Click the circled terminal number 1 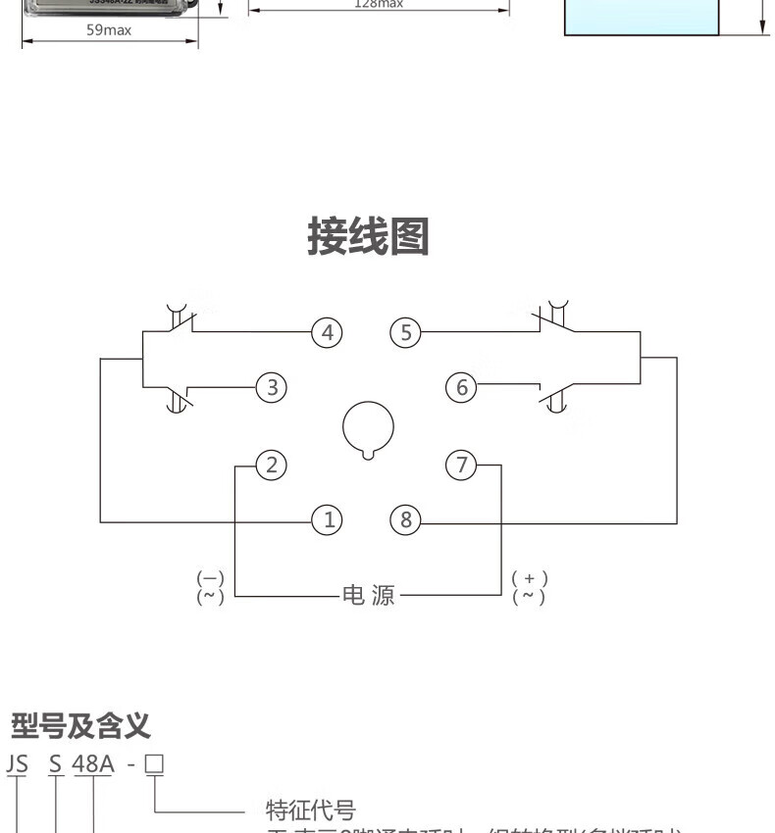327,520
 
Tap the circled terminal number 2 271,465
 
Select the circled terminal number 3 271,388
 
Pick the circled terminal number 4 327,333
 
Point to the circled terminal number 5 405,333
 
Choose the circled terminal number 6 461,388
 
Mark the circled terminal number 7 461,465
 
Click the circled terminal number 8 405,520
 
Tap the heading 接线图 368,236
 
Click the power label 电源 368,595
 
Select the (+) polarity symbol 530,579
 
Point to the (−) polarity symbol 210,579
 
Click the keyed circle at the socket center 368,428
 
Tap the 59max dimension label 109,29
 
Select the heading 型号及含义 80,727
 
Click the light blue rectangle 642,18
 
